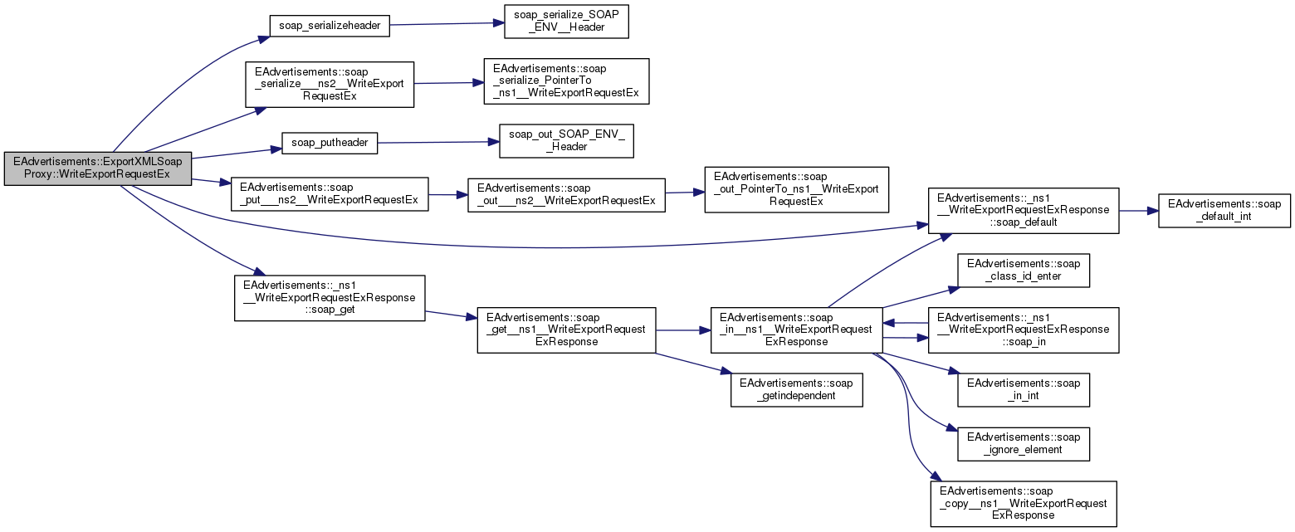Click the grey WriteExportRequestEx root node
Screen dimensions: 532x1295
tap(98, 168)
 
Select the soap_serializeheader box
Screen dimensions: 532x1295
tap(330, 25)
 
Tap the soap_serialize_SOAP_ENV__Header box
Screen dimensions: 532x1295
tap(566, 20)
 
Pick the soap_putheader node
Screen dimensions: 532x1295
tap(330, 143)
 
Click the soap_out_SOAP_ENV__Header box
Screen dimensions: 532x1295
tap(566, 141)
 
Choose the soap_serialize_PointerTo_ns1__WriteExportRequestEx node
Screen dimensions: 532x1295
tap(566, 81)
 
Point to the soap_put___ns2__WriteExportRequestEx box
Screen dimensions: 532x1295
tap(330, 193)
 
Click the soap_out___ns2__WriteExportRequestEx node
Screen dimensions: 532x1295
tap(566, 194)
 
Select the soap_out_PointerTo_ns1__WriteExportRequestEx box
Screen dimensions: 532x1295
tap(796, 189)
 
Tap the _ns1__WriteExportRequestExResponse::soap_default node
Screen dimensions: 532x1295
tap(1024, 209)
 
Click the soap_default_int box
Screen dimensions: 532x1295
tap(1224, 210)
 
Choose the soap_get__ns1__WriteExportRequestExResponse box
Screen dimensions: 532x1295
tap(566, 329)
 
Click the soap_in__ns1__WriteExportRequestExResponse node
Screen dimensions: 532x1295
tap(796, 329)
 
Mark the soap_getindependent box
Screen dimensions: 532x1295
tap(796, 389)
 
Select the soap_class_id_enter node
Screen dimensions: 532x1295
tap(1024, 270)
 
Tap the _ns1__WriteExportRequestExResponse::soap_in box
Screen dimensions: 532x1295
tap(1024, 329)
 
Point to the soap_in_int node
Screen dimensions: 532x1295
tap(1024, 389)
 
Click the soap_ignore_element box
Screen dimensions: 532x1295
tap(1024, 443)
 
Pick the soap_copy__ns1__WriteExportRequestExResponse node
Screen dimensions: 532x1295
tap(1024, 503)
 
